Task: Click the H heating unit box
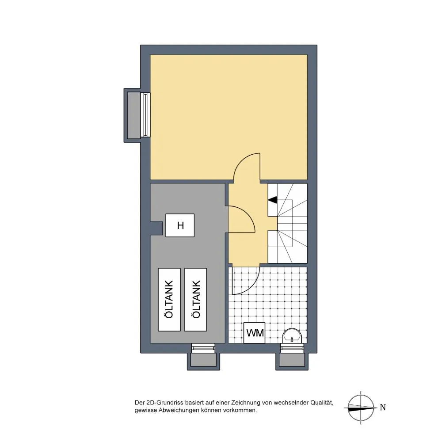point(180,225)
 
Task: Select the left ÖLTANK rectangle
point(169,299)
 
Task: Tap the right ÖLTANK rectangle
point(195,299)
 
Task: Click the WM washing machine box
point(254,333)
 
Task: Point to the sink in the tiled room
point(292,336)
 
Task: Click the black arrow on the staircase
point(273,200)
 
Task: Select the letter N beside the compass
point(382,408)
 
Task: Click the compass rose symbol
point(361,408)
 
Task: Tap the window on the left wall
point(145,115)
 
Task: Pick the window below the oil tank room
point(203,348)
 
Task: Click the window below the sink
point(292,348)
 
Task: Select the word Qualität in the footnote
point(322,403)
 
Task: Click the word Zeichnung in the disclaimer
point(245,403)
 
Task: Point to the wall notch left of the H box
point(156,228)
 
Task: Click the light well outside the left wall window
point(133,115)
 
